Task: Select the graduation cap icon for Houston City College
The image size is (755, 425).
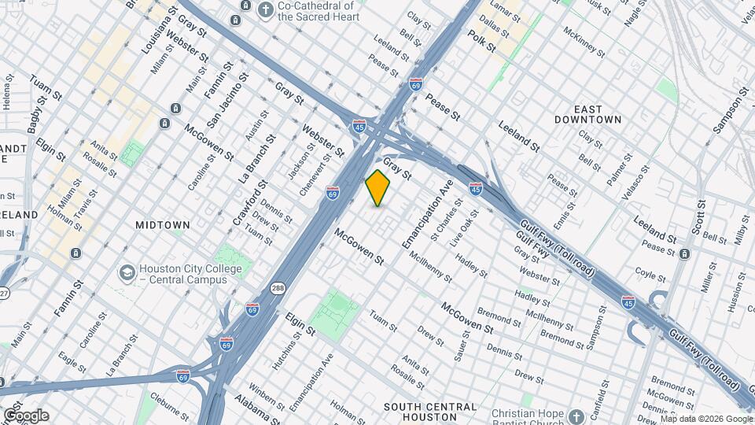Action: point(126,272)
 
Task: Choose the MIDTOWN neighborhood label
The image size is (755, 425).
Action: point(162,225)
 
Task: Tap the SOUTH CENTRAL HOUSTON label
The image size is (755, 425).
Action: point(430,407)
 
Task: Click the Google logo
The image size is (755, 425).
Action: point(25,416)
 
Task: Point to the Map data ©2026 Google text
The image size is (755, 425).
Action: point(706,418)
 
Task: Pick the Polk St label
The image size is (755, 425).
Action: point(481,41)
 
